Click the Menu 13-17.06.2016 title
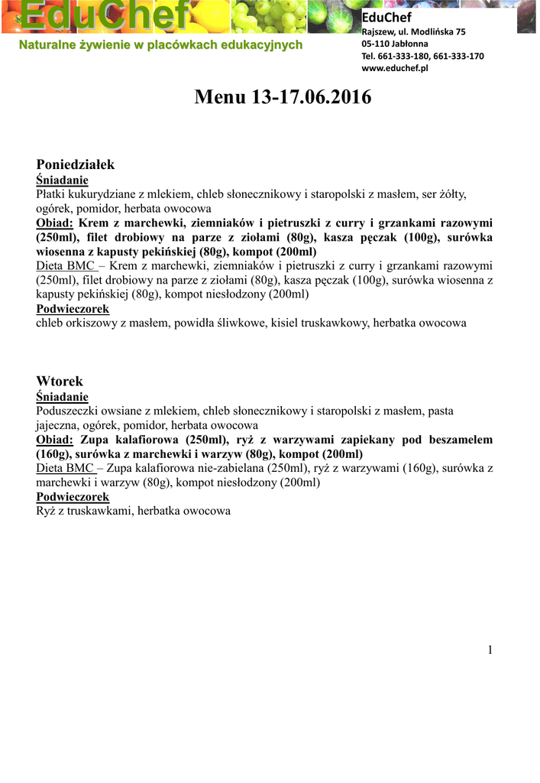(x=283, y=98)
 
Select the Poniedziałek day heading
(x=76, y=164)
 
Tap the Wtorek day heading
(x=60, y=381)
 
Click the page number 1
(x=490, y=650)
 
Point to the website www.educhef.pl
(x=394, y=68)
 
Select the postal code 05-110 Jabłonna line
(x=395, y=44)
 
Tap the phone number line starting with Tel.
(x=422, y=56)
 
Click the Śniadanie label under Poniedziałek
(x=63, y=180)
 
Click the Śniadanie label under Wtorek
(x=63, y=397)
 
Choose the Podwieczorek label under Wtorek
(x=73, y=497)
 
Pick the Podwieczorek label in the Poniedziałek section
(x=73, y=309)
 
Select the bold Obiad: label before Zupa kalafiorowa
(x=55, y=440)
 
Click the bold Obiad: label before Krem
(x=55, y=223)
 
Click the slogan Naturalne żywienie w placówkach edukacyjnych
(x=160, y=45)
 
